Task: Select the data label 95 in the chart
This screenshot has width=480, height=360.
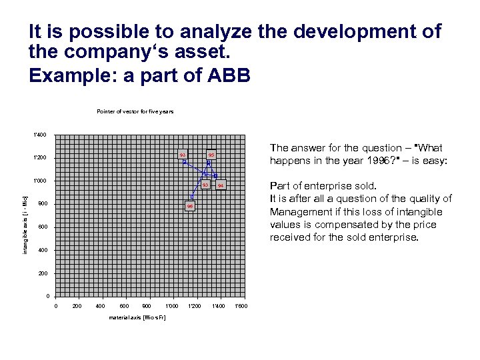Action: [211, 155]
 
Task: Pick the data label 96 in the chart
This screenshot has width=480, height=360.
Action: [190, 207]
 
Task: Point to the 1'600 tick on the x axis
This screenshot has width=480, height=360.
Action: [241, 306]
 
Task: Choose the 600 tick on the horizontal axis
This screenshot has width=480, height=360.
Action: [125, 306]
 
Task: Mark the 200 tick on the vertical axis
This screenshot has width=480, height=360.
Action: [42, 273]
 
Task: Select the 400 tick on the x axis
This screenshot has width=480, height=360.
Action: [101, 306]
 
